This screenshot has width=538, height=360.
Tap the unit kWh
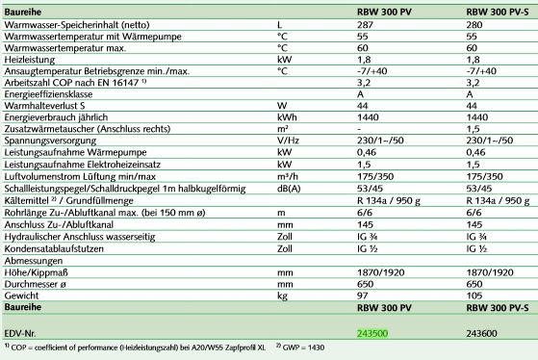(x=286, y=116)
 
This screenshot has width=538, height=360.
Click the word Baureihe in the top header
(x=24, y=9)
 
